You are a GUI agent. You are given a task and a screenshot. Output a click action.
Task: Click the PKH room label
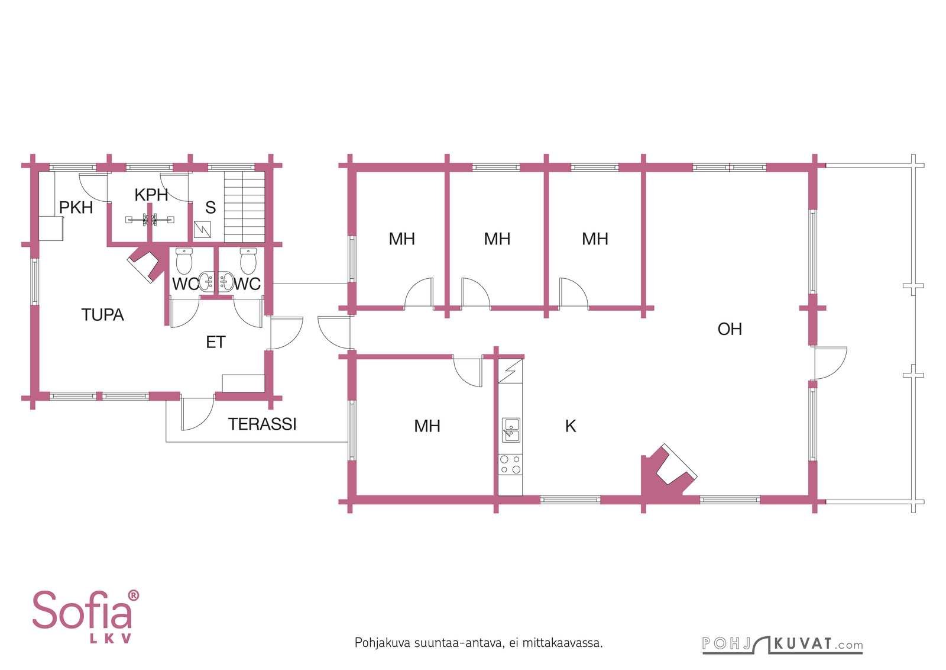[76, 208]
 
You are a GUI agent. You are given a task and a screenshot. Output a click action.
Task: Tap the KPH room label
[151, 195]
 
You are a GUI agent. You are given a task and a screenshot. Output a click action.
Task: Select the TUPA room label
[103, 315]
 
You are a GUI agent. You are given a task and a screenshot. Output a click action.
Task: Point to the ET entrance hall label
[215, 342]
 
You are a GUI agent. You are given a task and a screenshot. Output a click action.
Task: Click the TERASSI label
[263, 424]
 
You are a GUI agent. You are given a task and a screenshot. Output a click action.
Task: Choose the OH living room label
[730, 329]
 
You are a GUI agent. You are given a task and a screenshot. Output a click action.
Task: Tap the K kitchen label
[571, 426]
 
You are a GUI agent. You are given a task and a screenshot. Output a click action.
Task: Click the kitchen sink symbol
[511, 430]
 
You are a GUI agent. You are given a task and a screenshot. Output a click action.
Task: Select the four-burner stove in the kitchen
[510, 464]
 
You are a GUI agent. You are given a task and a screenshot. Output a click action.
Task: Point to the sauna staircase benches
[245, 207]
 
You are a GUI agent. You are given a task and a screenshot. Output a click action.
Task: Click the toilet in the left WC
[184, 261]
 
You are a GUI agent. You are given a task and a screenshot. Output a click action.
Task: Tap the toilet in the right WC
[248, 261]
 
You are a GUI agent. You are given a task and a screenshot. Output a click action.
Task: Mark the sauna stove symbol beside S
[202, 230]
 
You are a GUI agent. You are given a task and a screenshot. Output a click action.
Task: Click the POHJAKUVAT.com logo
[783, 645]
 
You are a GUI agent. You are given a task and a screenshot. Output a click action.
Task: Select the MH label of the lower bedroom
[427, 426]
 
